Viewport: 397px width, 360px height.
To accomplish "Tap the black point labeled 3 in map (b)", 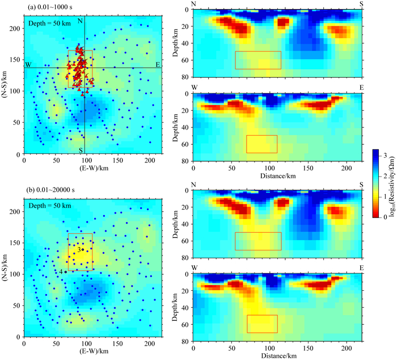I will pos(82,249).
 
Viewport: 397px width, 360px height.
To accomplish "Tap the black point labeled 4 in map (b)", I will pos(66,272).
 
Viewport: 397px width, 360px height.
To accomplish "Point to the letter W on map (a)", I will pos(27,64).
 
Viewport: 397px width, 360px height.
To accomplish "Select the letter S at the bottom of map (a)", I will pos(81,150).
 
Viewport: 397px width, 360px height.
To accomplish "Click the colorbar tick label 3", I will pos(388,154).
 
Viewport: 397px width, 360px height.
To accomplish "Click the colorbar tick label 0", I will pos(388,216).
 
